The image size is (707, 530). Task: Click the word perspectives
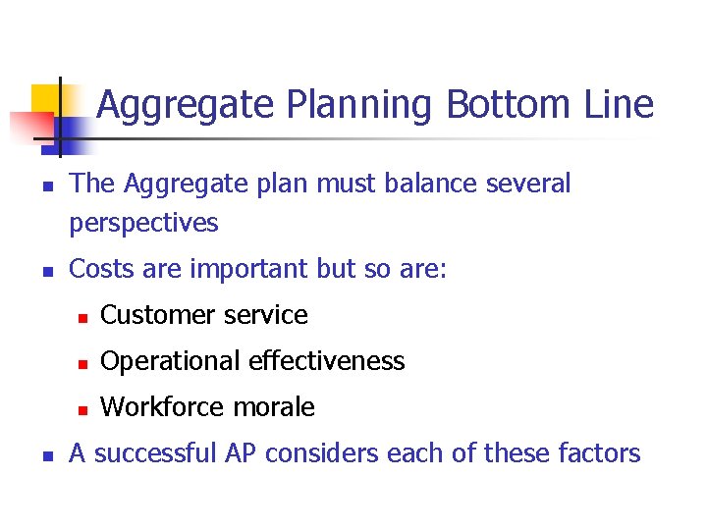coord(143,224)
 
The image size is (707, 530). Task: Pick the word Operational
coord(171,361)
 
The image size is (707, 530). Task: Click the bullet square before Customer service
coord(84,317)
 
